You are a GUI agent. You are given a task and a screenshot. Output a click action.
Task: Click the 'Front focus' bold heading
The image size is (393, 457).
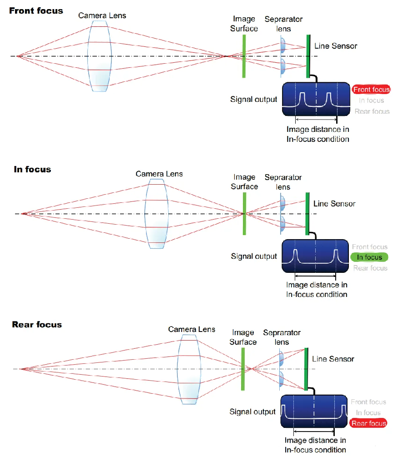36,11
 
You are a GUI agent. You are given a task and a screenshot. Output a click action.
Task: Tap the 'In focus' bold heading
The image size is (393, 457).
32,169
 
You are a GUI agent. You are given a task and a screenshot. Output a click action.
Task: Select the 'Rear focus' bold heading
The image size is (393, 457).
37,324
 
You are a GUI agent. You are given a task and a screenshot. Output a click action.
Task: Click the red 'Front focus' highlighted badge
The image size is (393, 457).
371,90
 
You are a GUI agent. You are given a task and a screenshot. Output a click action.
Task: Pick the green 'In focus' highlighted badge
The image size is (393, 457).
369,257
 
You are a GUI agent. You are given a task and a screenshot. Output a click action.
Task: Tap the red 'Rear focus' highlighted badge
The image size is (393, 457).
368,423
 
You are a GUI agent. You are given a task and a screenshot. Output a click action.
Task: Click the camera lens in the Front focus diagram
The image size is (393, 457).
100,56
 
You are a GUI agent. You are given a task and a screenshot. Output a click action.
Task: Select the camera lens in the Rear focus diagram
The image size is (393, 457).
189,369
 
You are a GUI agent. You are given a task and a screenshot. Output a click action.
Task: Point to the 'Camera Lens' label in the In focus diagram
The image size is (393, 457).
159,174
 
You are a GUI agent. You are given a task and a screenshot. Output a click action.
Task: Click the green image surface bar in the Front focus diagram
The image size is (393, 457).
244,56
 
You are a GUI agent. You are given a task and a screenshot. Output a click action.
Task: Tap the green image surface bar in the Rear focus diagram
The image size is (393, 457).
243,369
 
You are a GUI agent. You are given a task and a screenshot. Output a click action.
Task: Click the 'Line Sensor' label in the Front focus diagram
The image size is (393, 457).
336,46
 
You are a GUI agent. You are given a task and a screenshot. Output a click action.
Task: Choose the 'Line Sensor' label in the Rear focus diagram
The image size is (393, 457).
333,359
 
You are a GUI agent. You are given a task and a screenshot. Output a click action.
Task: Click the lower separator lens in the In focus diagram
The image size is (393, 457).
282,224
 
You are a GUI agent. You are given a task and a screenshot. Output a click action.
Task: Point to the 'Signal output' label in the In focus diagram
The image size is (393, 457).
254,256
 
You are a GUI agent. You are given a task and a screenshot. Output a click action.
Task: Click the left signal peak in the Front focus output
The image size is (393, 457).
302,100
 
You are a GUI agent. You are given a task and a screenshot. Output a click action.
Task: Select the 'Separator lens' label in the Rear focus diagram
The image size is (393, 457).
282,337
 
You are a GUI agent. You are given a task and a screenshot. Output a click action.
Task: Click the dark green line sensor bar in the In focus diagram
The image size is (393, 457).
307,214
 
